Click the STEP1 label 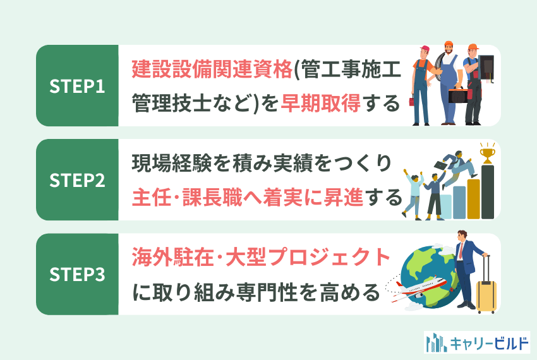[77, 86]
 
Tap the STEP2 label [77, 180]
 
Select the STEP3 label [77, 274]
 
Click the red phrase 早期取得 [320, 103]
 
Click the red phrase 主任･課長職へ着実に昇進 [247, 198]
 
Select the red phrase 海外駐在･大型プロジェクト [261, 256]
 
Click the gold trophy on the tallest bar [487, 153]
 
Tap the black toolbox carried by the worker [458, 95]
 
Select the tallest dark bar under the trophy [488, 192]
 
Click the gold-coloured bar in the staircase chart [474, 199]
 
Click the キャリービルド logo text [490, 343]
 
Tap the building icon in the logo [437, 342]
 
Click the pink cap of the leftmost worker [425, 48]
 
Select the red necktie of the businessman [461, 250]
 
